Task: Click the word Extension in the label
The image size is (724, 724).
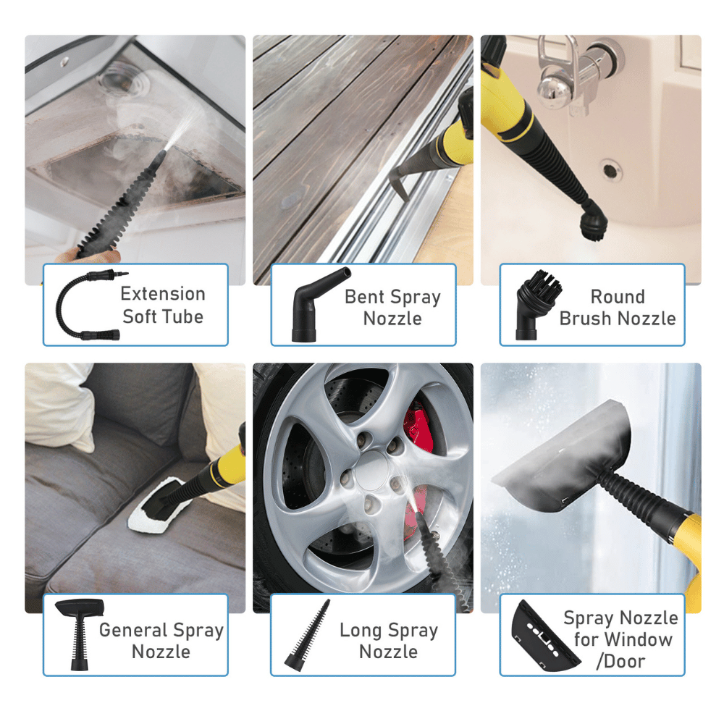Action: [163, 294]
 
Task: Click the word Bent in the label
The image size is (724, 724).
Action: [365, 297]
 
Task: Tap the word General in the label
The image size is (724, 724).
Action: [132, 630]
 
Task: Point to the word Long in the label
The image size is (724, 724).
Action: [360, 630]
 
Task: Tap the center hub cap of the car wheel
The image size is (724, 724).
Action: [373, 469]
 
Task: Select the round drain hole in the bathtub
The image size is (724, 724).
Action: [612, 171]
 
